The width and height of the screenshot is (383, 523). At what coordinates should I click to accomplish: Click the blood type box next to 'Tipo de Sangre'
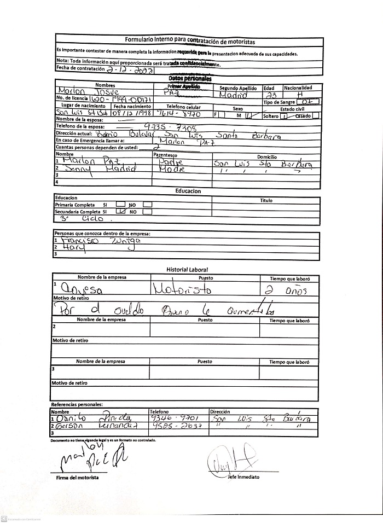[x=307, y=102]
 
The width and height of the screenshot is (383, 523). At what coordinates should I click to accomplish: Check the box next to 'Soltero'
[x=283, y=116]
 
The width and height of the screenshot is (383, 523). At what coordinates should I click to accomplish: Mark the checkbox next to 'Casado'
[x=316, y=116]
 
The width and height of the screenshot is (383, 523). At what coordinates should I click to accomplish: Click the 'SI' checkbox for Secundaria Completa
[x=121, y=211]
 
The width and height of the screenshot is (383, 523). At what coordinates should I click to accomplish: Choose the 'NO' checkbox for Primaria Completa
[x=147, y=204]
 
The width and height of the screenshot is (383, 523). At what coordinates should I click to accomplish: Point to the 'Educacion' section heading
[x=188, y=191]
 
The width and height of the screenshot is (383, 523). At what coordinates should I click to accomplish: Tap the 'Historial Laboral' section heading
[x=187, y=270]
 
